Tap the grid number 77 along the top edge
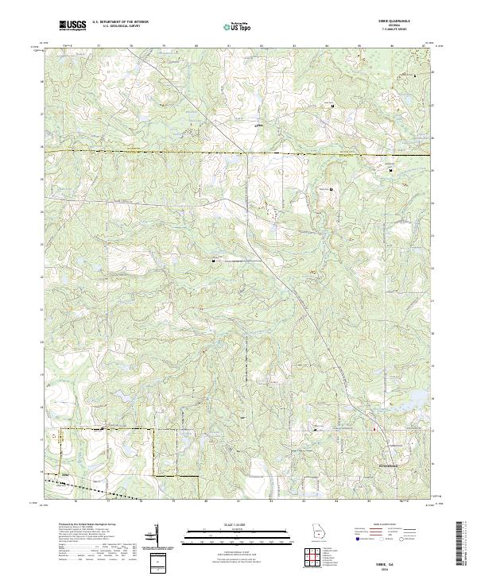click(98, 47)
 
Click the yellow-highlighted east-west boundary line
click(238, 151)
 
